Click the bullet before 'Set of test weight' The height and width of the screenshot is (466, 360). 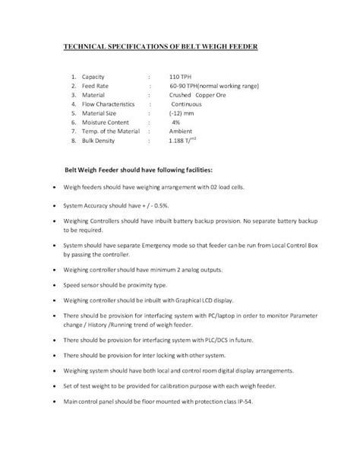click(49, 386)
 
